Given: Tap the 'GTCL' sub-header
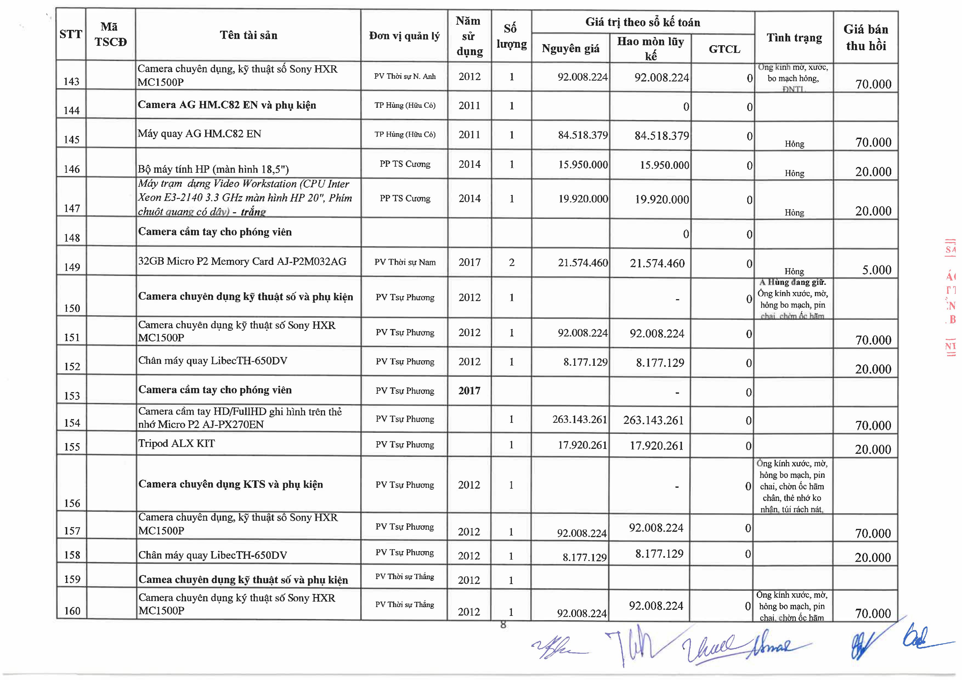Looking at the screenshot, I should pyautogui.click(x=724, y=49).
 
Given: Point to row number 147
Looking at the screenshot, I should pyautogui.click(x=72, y=208).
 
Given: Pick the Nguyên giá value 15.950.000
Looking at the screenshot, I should pyautogui.click(x=583, y=165).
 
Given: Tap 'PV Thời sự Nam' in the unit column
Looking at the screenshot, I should pyautogui.click(x=405, y=262).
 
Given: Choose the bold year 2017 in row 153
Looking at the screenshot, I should pyautogui.click(x=469, y=391).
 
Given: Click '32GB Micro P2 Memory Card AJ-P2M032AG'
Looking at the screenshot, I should pyautogui.click(x=242, y=261).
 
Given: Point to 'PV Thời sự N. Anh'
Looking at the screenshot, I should pyautogui.click(x=405, y=76).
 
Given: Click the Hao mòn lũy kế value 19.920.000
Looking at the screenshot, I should pyautogui.click(x=662, y=199).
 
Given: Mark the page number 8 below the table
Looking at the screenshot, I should pyautogui.click(x=503, y=625).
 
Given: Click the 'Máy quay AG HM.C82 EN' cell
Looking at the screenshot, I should pyautogui.click(x=199, y=134).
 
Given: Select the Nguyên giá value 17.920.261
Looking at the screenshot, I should pyautogui.click(x=582, y=445).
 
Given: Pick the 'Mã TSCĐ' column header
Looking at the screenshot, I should pyautogui.click(x=111, y=34).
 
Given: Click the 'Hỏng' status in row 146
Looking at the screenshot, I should pyautogui.click(x=794, y=173).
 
